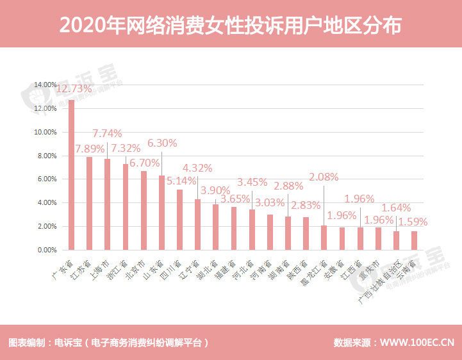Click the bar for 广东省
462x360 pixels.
[x=72, y=174]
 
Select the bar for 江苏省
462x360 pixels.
[x=90, y=203]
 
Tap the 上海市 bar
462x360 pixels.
[x=108, y=204]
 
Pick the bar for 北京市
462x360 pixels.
[x=144, y=210]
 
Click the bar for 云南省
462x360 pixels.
[x=414, y=240]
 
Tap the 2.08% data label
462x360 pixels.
[x=323, y=177]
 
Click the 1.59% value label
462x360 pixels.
[x=412, y=222]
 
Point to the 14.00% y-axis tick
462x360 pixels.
[x=45, y=85]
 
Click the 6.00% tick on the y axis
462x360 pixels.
[x=45, y=179]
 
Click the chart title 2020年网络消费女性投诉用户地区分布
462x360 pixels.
[x=231, y=25]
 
